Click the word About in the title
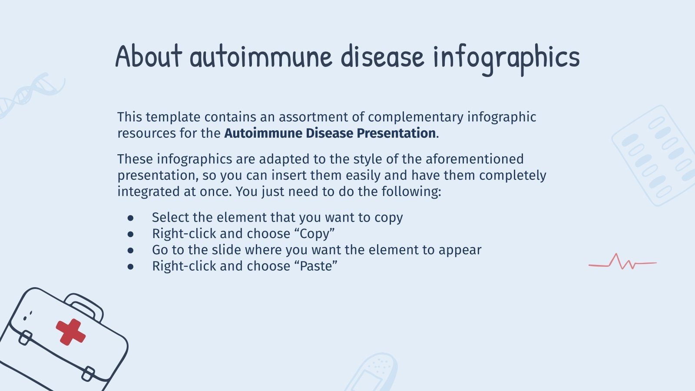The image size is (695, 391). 149,56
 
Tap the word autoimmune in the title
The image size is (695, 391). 261,57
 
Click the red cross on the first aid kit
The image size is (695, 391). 70,332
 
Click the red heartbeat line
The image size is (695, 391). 622,262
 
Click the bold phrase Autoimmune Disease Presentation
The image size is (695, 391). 330,133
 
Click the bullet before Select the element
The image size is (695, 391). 131,218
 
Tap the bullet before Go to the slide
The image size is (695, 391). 131,250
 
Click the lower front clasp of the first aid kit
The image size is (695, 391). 88,374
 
